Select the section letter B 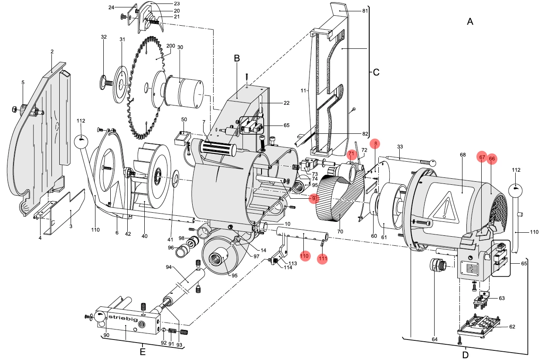coord(237,58)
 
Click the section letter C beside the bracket coord(377,72)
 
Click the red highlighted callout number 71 coord(351,154)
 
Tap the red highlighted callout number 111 coord(323,258)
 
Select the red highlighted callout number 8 coord(375,143)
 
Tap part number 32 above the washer coord(104,37)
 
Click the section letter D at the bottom coord(465,354)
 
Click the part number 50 coord(184,119)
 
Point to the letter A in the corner coord(470,21)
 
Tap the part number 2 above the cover coord(52,52)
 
